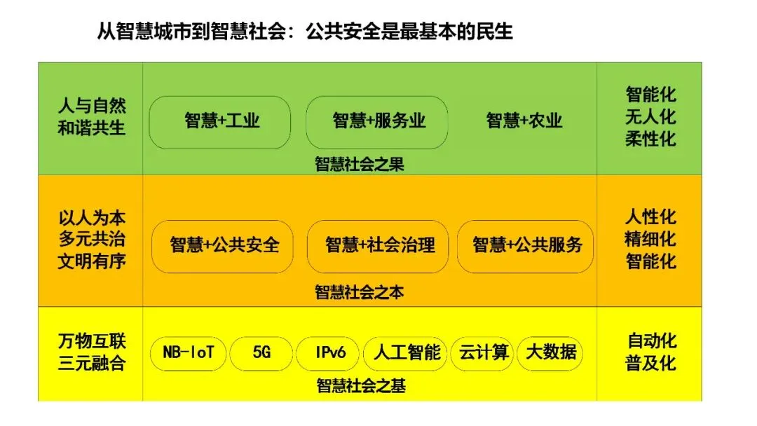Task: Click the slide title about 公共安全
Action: coord(304,32)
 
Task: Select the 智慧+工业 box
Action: coord(220,122)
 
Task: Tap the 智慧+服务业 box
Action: coord(377,122)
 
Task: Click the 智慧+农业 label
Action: coord(524,121)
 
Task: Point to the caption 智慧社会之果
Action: coord(360,165)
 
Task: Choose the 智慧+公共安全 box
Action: coord(224,245)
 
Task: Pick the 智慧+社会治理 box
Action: coord(379,245)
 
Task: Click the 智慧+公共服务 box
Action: coord(526,245)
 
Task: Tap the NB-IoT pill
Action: coord(189,352)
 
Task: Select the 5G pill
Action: coord(261,352)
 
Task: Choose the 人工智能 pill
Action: coord(406,352)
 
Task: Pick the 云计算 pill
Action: coord(484,352)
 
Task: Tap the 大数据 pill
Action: coord(551,352)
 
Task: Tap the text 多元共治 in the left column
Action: coord(91,239)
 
